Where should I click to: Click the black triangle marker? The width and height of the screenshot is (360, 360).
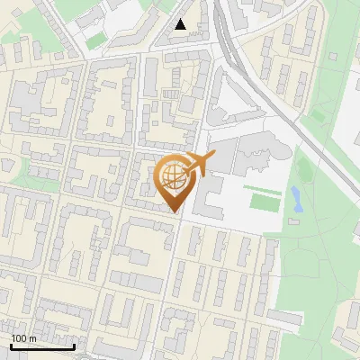coord(181,25)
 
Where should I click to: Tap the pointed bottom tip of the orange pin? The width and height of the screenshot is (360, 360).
coord(174,212)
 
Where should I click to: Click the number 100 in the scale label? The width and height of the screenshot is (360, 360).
coord(19,338)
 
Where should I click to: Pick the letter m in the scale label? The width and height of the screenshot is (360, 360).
coord(32,338)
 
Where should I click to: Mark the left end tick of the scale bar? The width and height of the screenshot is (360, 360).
coord(11,345)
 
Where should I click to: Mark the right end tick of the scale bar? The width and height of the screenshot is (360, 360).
coord(74,345)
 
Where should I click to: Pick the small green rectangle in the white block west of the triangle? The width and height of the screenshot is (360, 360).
coord(96,40)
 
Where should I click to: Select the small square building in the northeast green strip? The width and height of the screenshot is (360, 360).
coord(333,57)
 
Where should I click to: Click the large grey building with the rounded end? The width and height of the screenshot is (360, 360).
coord(261,155)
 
